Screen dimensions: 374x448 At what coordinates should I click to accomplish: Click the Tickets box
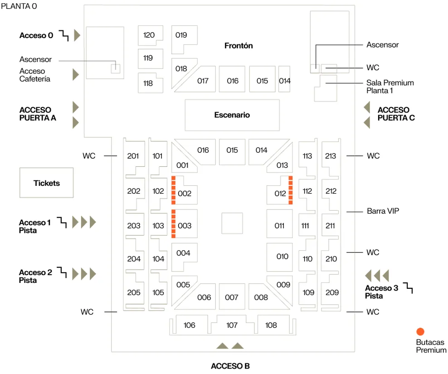coord(46,183)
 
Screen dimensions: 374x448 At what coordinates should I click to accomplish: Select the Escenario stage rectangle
coord(232,115)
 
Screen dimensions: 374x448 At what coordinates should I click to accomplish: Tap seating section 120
coord(149,35)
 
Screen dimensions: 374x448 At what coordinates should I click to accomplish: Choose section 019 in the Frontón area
coord(181,35)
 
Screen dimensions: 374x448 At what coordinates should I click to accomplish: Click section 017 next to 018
coord(203,81)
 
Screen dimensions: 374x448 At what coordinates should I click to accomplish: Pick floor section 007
coord(232,297)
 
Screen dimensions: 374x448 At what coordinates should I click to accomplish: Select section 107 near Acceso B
coord(232,325)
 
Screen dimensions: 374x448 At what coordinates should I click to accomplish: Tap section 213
coord(331,156)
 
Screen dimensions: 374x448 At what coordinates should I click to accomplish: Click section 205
coord(134,292)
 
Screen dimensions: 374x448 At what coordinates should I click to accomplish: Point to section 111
coord(305,226)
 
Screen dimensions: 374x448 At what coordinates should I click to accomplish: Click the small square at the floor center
coord(232,223)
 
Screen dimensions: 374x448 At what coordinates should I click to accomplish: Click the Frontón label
coord(239,46)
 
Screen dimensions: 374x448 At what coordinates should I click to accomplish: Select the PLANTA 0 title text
coord(19,6)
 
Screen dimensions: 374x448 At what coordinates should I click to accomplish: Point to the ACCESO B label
coord(230,366)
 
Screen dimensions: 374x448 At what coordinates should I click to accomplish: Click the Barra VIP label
coord(383,211)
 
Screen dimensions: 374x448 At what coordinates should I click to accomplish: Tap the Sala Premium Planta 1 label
coord(390,87)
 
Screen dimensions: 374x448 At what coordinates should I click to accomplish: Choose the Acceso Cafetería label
coord(35,75)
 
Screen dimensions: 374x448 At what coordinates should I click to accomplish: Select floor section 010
coord(282,257)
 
